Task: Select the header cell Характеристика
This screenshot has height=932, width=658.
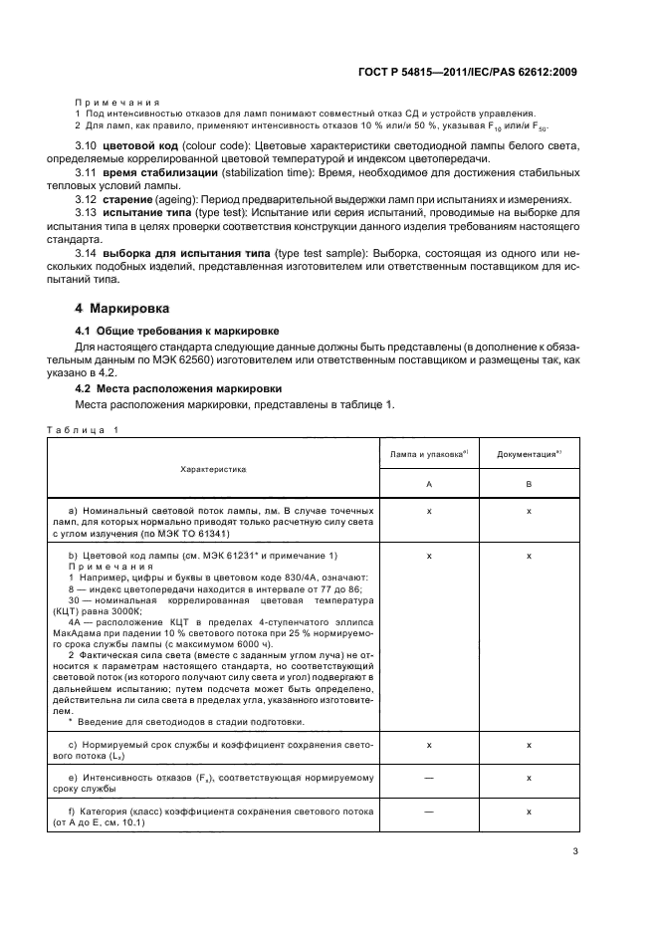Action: click(x=214, y=467)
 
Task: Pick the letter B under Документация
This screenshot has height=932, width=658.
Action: click(x=529, y=482)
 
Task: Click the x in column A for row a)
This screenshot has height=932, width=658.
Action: click(x=428, y=510)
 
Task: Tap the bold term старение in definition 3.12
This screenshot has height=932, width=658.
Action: click(x=130, y=199)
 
